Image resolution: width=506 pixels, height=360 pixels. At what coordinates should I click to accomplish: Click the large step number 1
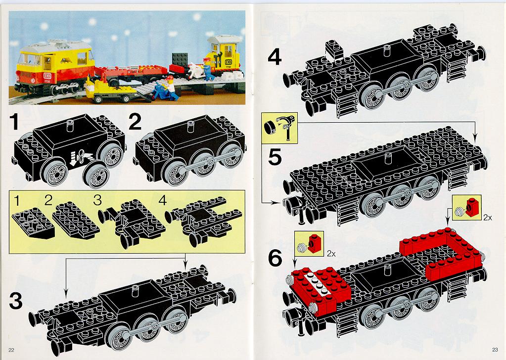pos(14,122)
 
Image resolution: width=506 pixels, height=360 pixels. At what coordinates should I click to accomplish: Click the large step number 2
pos(135,122)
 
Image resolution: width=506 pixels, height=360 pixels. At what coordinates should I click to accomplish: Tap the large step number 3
pos(16,301)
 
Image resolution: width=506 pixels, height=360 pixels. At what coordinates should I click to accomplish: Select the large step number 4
pos(275,57)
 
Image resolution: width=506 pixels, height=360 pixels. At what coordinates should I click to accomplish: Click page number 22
pos(11,350)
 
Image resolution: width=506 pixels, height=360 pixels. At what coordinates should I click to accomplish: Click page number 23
pos(495,349)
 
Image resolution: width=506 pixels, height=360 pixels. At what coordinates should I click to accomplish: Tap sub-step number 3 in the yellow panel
pos(97,200)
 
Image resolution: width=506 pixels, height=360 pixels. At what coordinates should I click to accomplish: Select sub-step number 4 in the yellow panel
pos(162,200)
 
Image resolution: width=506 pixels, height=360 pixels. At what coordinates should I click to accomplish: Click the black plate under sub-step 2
pos(76,220)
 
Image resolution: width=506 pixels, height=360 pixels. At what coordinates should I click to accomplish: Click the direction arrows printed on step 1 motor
pos(80,157)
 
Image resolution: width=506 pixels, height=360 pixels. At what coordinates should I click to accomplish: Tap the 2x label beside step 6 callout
pos(331,254)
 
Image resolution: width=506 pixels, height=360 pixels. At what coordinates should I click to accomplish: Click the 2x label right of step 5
pos(487,218)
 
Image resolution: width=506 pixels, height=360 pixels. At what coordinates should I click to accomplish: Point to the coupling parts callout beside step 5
pos(279,128)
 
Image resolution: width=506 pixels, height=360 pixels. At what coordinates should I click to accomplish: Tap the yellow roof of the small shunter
pos(224,40)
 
